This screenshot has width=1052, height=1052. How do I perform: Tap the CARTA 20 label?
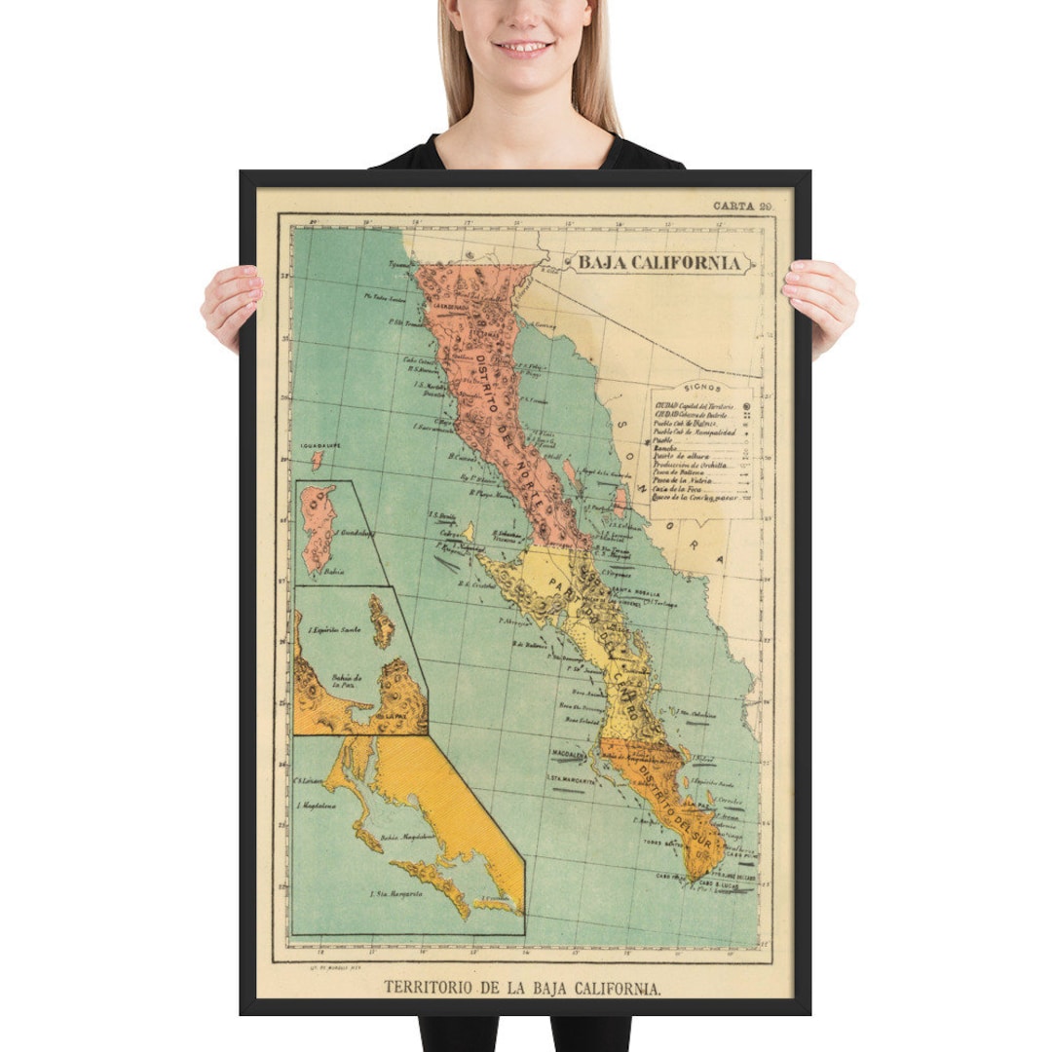pyautogui.click(x=742, y=206)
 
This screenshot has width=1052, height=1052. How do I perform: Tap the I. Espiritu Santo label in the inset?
pyautogui.click(x=335, y=630)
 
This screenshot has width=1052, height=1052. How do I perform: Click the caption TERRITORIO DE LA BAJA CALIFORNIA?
pyautogui.click(x=523, y=987)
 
